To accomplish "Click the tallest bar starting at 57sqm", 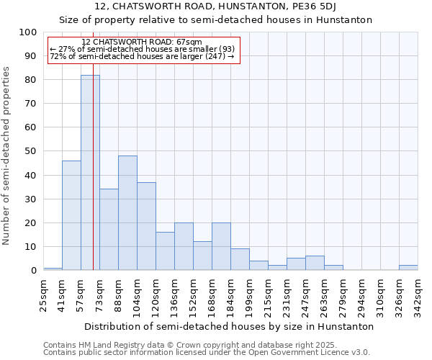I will tap(89, 173).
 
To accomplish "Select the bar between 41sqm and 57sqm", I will tap(71, 215).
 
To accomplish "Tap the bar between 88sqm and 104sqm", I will tap(127, 213).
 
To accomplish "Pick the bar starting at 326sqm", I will tap(408, 268).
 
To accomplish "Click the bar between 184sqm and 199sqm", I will tap(240, 259).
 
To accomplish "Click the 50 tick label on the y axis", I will tap(27, 151).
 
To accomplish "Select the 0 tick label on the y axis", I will tap(33, 270).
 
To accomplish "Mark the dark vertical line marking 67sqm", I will tap(94, 180).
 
